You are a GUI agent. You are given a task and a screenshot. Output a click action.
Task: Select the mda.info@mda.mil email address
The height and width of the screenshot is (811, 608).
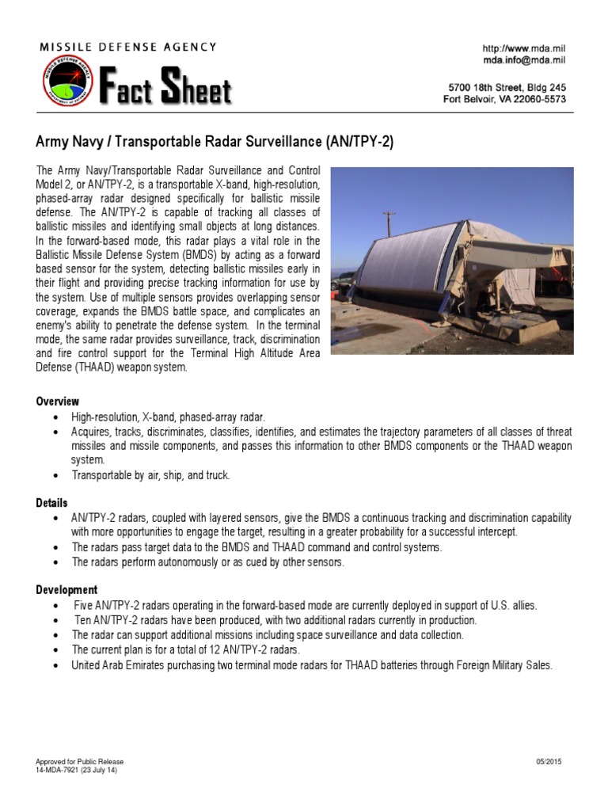524,60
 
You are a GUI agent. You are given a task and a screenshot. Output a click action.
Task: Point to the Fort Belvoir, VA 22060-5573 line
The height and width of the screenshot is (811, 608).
504,99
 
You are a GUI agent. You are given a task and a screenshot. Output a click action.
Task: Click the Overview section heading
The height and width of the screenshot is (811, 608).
58,402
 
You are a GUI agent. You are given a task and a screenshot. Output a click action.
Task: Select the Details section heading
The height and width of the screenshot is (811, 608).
52,503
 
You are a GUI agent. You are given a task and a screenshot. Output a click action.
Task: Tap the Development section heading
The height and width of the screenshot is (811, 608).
67,590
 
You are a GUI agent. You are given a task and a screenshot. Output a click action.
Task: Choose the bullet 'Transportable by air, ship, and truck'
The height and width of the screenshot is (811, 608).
150,475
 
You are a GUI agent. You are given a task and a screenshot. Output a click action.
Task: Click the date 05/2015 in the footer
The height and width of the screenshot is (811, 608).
549,762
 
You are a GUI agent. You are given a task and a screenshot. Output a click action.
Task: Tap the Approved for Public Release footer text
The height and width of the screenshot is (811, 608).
80,762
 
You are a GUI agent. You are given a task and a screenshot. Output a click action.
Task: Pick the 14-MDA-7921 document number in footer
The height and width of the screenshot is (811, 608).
60,770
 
